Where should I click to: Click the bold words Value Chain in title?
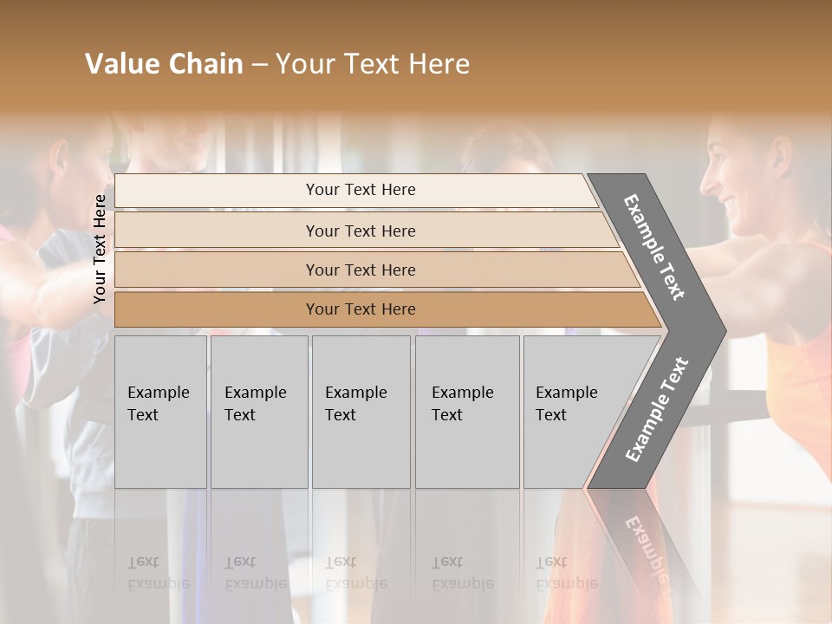coord(164,64)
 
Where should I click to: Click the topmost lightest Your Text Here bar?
coord(361,190)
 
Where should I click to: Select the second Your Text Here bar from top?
coord(361,231)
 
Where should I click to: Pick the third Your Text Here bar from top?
coord(361,270)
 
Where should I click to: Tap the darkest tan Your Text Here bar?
coord(361,309)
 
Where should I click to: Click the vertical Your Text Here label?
coord(100,249)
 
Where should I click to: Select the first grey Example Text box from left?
coord(160,412)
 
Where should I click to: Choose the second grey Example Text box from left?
coord(258,412)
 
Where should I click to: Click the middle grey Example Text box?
coord(361,412)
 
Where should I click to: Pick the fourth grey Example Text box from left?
coord(467,412)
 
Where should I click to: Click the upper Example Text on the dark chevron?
coord(655,246)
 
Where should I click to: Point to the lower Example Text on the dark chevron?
coord(657,409)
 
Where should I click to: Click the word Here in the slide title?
coord(441,64)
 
